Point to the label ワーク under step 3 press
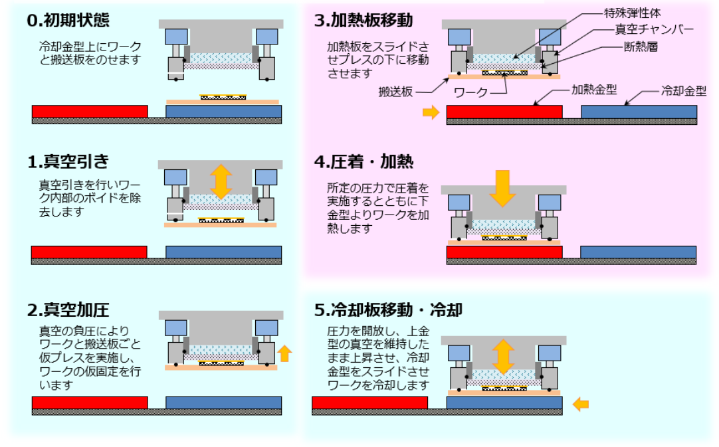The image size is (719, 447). click(x=470, y=92)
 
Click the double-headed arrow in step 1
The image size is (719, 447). click(x=221, y=181)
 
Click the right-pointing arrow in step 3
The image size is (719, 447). click(x=431, y=113)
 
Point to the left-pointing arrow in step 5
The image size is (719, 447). click(x=580, y=402)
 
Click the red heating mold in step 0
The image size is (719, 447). click(x=90, y=111)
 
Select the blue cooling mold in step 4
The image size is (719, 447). click(x=638, y=252)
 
